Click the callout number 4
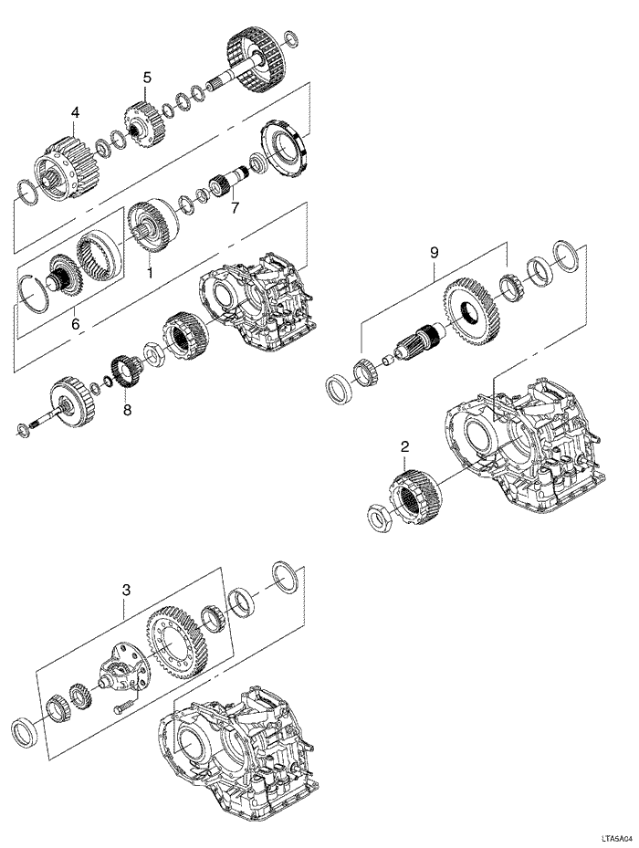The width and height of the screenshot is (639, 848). pyautogui.click(x=75, y=112)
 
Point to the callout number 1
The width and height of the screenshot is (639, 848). pyautogui.click(x=151, y=272)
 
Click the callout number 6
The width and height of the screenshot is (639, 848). pyautogui.click(x=75, y=322)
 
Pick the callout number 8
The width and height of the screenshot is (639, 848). pyautogui.click(x=127, y=410)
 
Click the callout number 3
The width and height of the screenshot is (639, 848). pyautogui.click(x=127, y=592)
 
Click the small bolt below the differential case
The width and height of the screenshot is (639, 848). pyautogui.click(x=122, y=706)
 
